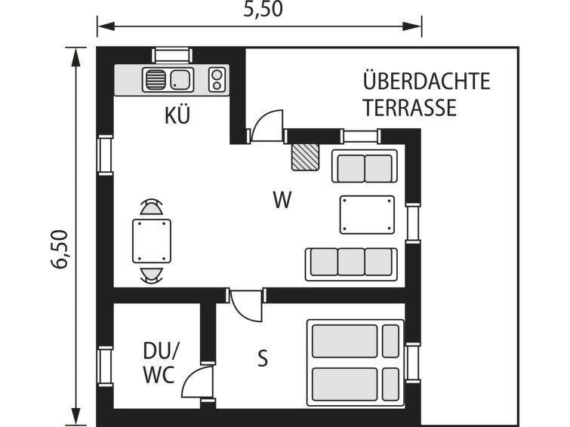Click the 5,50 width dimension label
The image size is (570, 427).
pos(263,9)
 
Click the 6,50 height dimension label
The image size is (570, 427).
pos(59,249)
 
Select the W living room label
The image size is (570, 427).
pos(282,200)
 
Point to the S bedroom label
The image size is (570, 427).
pos(263,358)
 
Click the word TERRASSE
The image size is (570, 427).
pos(410,107)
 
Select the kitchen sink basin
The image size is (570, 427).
pos(180,79)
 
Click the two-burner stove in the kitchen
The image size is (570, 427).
pos(217,79)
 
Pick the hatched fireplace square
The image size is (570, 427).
pos(305,157)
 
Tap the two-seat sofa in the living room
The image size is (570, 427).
pos(365,166)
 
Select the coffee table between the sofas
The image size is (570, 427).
pos(367,214)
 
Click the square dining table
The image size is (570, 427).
pos(152,241)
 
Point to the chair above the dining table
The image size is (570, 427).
pos(151,207)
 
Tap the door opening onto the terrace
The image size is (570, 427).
pos(267,126)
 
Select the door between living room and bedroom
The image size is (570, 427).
pos(246,305)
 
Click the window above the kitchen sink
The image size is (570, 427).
pos(172,56)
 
